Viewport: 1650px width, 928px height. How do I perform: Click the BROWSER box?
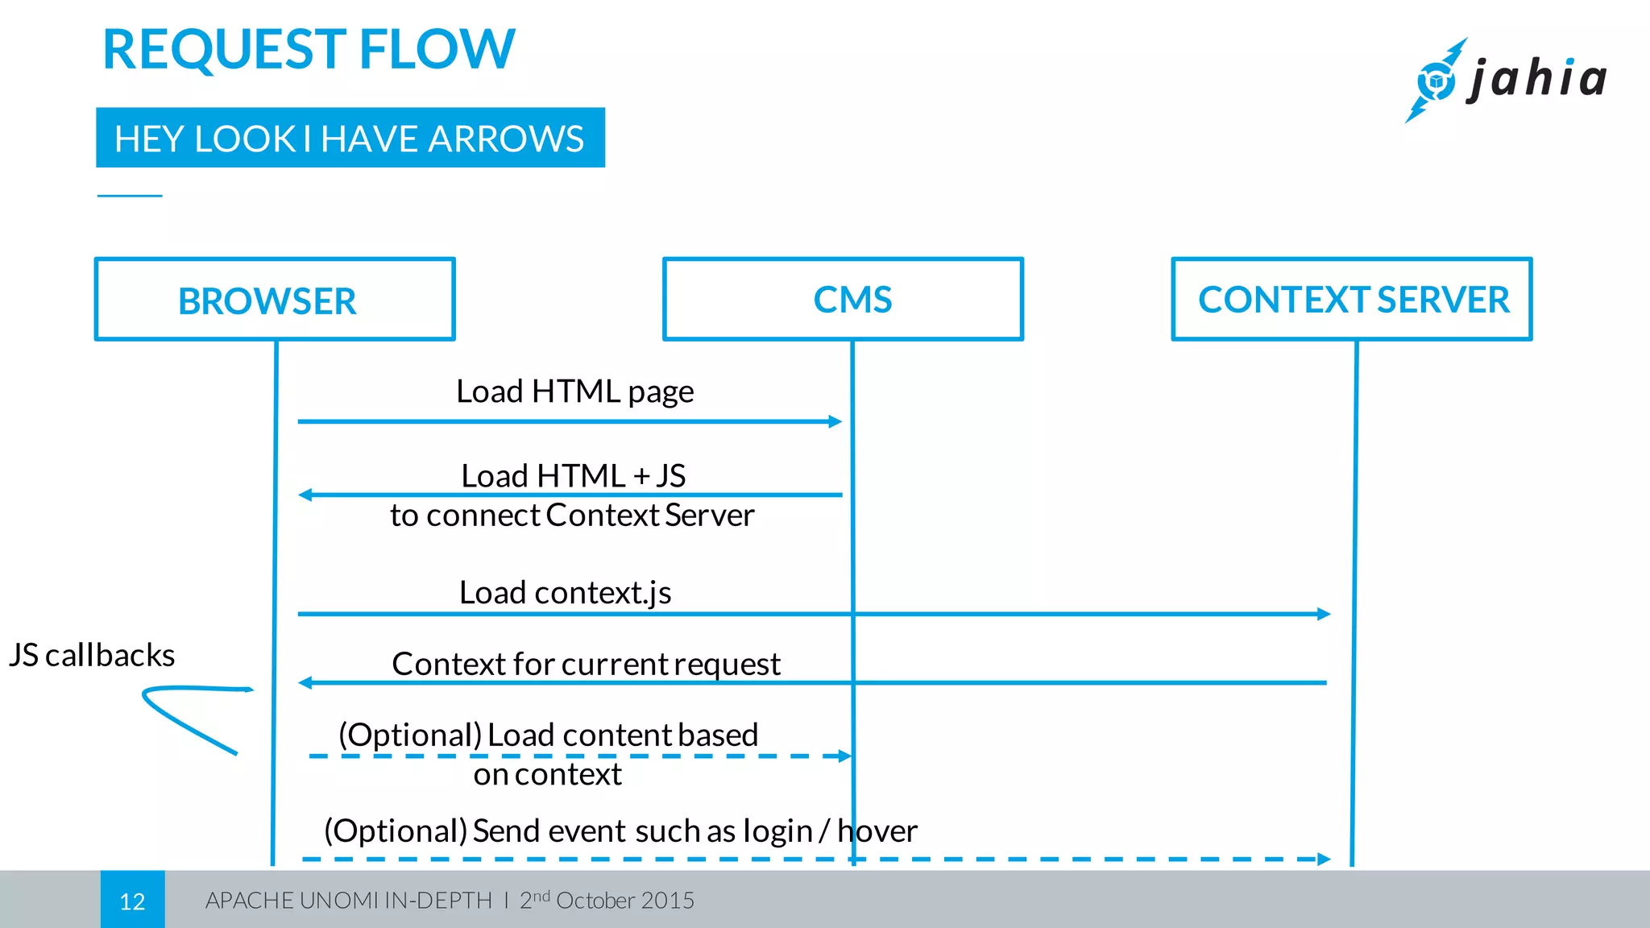tap(275, 300)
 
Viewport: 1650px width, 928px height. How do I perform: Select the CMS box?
tap(843, 300)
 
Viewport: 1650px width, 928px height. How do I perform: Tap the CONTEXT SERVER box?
tap(1352, 300)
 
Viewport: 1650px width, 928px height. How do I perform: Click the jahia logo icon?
tap(1436, 81)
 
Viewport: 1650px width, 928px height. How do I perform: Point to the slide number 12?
tap(132, 901)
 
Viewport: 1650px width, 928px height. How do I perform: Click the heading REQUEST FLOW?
tap(309, 50)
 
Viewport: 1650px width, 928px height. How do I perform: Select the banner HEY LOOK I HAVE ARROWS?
tap(350, 139)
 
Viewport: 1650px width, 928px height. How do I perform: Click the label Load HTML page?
tap(574, 391)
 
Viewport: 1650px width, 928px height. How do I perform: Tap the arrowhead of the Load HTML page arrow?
tap(835, 421)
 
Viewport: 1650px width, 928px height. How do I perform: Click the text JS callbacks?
tap(92, 655)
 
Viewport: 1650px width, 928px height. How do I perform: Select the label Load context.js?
tap(565, 593)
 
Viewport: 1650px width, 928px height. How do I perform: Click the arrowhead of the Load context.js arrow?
tap(1324, 614)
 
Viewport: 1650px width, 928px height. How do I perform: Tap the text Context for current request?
tap(586, 664)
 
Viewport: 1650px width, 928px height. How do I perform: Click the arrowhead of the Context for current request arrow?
tap(305, 683)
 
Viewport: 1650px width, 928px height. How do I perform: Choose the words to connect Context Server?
tap(572, 516)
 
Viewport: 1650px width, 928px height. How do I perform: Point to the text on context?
tap(547, 774)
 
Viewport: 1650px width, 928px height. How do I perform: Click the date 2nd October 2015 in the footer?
tap(607, 900)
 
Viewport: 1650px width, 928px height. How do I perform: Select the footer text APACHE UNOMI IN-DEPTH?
tap(348, 901)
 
